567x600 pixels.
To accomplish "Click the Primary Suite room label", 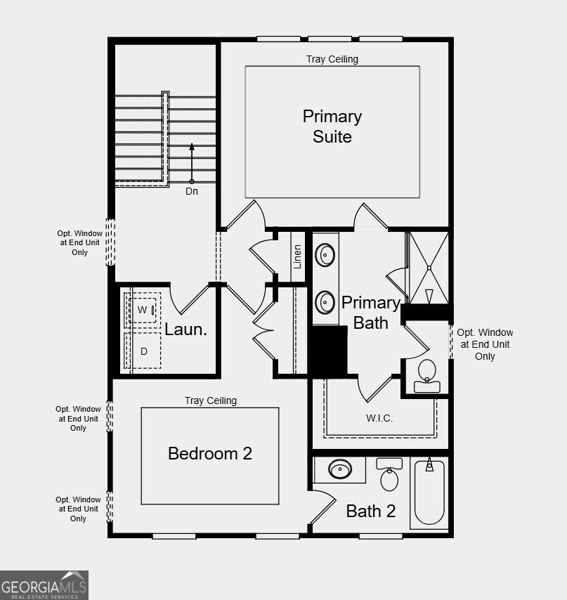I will (x=332, y=126).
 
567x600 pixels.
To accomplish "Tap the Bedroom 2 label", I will (x=209, y=453).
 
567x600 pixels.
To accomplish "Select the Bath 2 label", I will (x=370, y=511).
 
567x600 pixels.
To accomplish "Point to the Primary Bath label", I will (x=370, y=313).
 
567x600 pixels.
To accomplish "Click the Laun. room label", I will (x=185, y=329).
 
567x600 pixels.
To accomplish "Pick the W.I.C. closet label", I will (x=379, y=418).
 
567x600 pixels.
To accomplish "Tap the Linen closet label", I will (x=298, y=256).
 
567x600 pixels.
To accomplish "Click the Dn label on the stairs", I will (x=192, y=190).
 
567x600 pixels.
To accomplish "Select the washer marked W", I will (x=143, y=310).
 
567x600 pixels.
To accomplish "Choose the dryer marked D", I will (x=143, y=351).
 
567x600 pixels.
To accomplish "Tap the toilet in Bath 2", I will (x=390, y=476).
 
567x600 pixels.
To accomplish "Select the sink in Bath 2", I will (x=340, y=469).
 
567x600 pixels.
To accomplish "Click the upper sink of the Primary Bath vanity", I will (x=325, y=254).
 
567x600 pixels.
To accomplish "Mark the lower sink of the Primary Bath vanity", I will (x=325, y=302).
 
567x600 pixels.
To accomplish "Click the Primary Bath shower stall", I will (x=429, y=267).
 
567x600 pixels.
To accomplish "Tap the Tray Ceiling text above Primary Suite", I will (x=332, y=59).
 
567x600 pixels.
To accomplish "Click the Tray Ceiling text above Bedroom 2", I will (x=211, y=400).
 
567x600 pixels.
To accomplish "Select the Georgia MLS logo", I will (x=44, y=585).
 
